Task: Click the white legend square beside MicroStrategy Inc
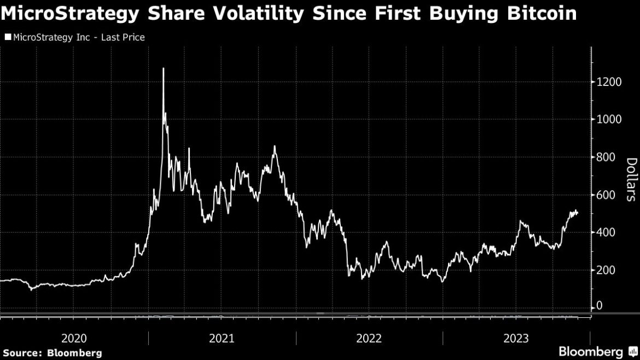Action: (8, 37)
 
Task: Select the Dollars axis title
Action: (631, 179)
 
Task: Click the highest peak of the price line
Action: (163, 69)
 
